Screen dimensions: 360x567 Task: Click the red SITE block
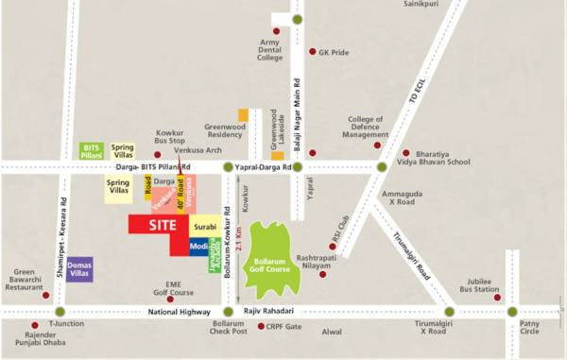pos(158,225)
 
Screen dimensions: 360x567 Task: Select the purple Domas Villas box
pos(79,269)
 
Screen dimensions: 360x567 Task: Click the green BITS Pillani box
pos(92,150)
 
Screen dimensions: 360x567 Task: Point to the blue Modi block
pos(199,247)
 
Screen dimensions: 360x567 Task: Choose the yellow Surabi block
pos(205,227)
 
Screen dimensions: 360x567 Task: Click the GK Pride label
pos(335,53)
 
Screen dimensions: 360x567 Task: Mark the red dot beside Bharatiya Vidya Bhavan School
pos(406,153)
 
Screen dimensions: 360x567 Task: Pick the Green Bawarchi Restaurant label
pos(23,281)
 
